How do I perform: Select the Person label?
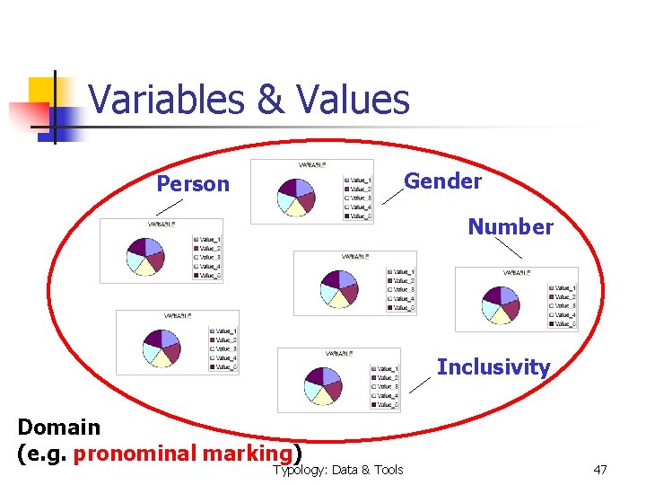coord(193,184)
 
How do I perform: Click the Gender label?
coord(442,181)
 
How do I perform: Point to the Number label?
coord(511,226)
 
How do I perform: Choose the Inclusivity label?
coord(493,366)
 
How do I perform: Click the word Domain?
coord(59,427)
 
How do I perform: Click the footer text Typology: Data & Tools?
coord(338,470)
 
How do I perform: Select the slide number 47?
coord(601,470)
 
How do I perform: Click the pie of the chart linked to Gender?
coord(296,196)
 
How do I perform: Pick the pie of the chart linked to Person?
coord(145,256)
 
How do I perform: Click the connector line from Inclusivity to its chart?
coord(419,384)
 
